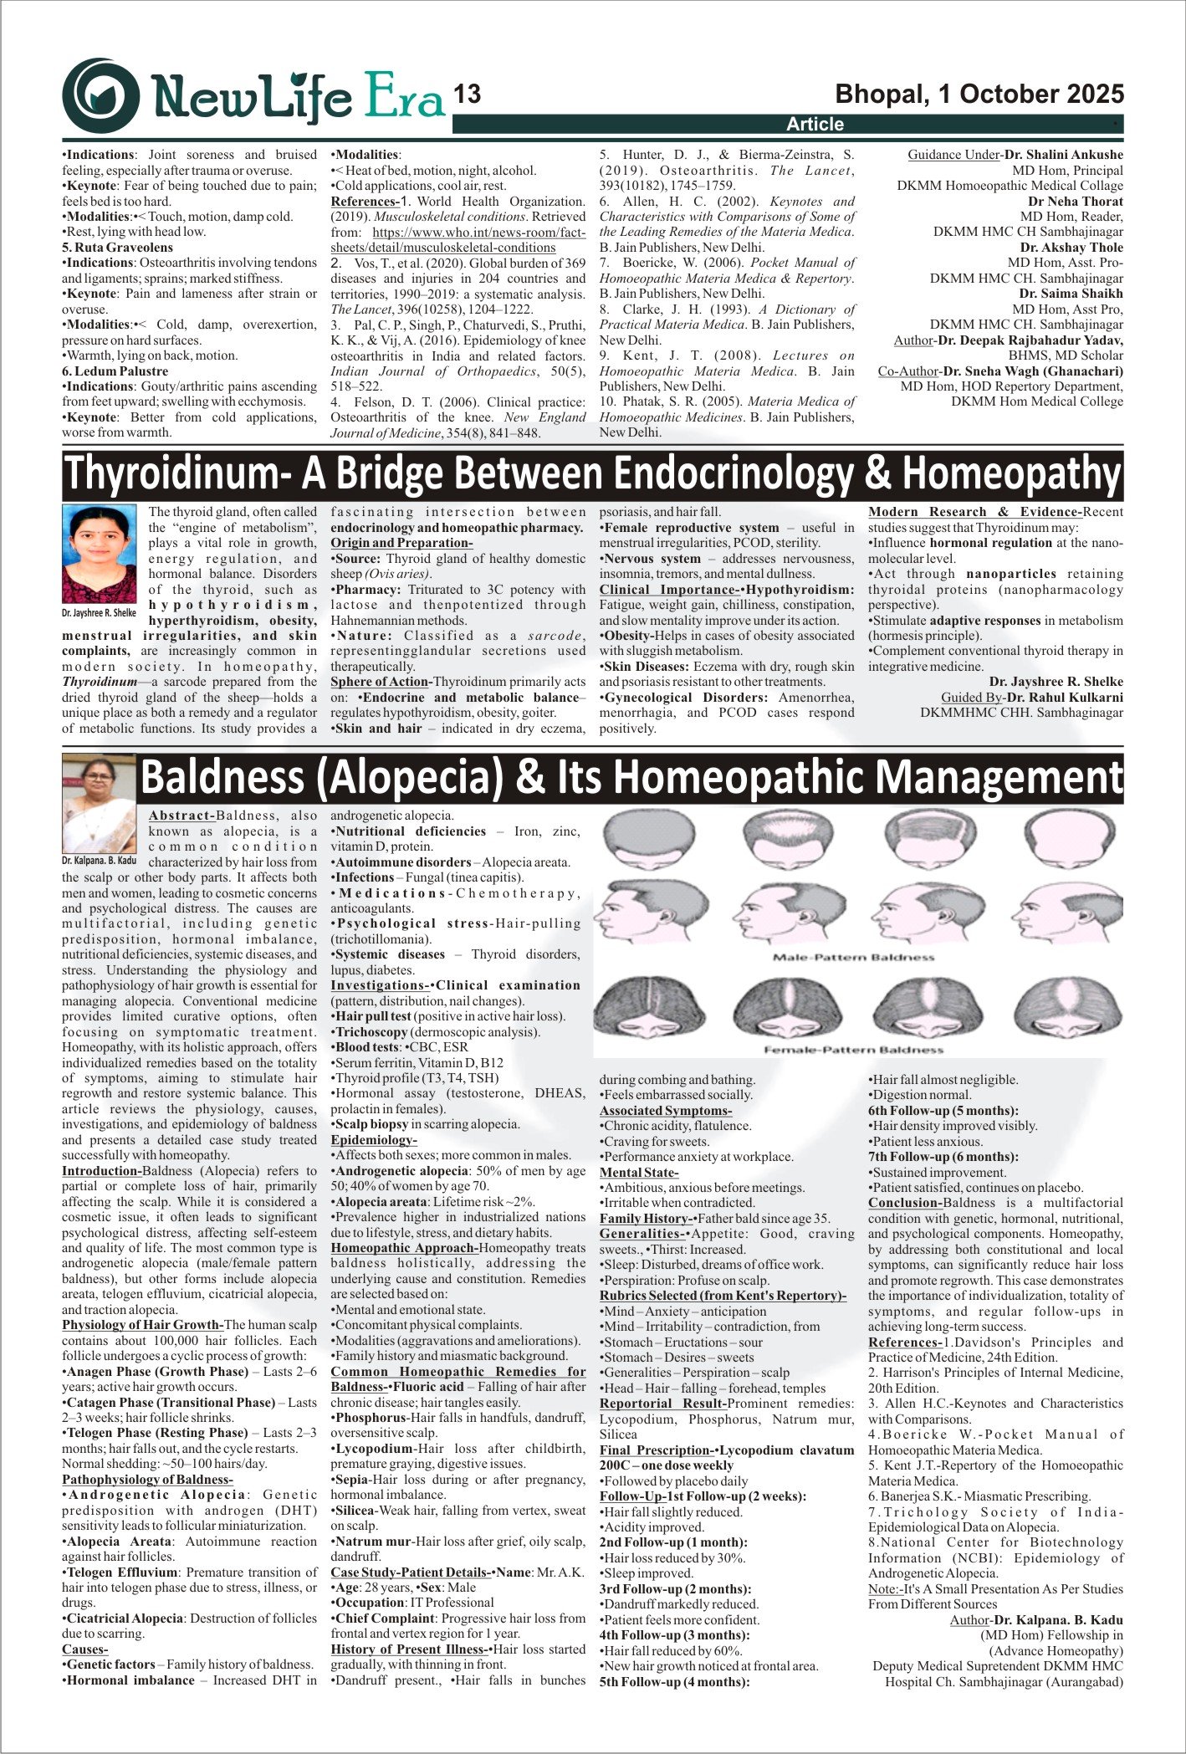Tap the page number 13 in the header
468,95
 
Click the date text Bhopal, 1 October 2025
979,94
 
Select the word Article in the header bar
815,125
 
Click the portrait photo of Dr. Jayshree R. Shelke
99,554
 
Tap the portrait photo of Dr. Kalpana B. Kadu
99,803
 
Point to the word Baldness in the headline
222,777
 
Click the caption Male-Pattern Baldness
853,957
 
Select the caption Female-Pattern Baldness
853,1049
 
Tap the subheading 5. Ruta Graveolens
117,248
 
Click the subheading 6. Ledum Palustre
115,371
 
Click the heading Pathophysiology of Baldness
147,1480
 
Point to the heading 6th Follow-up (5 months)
943,1111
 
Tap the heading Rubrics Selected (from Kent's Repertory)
723,1296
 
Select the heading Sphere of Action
381,682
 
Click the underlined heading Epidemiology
373,1140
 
